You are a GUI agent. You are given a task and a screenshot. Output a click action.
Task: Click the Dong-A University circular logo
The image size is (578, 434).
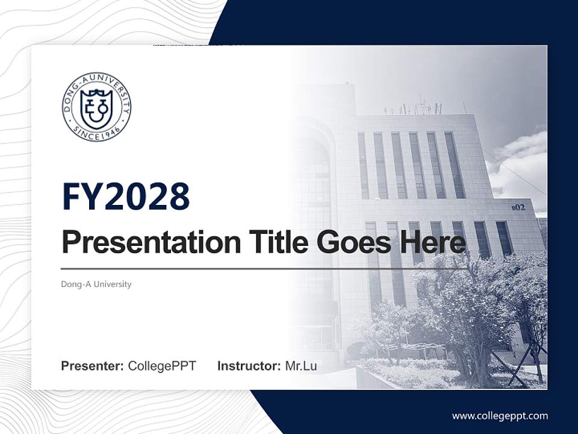tap(96, 107)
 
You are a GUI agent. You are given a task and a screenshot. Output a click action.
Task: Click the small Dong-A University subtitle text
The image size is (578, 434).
tap(96, 284)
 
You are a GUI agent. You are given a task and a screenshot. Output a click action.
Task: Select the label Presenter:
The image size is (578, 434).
tap(93, 366)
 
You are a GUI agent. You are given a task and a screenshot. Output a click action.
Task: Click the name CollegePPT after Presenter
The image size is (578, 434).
tap(162, 366)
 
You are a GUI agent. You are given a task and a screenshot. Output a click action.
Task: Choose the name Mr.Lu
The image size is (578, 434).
tap(300, 366)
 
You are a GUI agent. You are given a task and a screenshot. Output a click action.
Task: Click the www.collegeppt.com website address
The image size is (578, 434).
tap(500, 415)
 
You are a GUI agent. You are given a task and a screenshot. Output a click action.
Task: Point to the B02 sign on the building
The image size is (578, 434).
tap(518, 207)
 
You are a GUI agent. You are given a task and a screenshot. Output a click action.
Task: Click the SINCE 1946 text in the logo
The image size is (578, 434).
tap(96, 131)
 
